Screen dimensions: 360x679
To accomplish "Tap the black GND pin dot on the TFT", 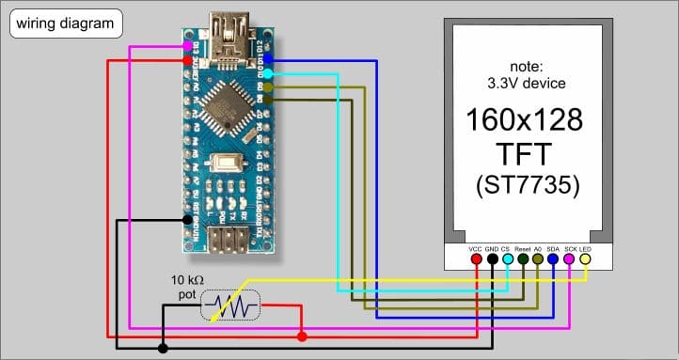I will [x=493, y=258].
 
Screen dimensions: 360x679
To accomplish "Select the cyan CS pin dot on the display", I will [x=508, y=258].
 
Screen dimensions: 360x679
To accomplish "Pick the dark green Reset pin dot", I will [x=523, y=258].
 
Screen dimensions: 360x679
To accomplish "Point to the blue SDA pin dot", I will [x=553, y=258].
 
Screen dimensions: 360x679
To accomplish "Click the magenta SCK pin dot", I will [x=568, y=258].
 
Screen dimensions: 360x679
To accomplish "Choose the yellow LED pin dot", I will [x=584, y=258].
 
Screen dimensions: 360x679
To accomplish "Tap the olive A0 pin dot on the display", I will [x=538, y=258].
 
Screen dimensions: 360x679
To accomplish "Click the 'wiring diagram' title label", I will [x=64, y=22].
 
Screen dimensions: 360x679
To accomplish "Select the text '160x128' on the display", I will [x=525, y=121].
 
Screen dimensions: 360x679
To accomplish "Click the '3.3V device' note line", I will [x=525, y=83].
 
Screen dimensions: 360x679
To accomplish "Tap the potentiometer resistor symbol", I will [x=230, y=306].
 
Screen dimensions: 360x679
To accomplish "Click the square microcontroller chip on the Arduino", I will [x=226, y=101].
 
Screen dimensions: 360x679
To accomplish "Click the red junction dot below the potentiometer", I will [x=301, y=336].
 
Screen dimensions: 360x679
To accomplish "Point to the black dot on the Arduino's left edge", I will [x=187, y=219].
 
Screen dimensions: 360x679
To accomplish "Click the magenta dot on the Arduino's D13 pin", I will [x=188, y=45].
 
